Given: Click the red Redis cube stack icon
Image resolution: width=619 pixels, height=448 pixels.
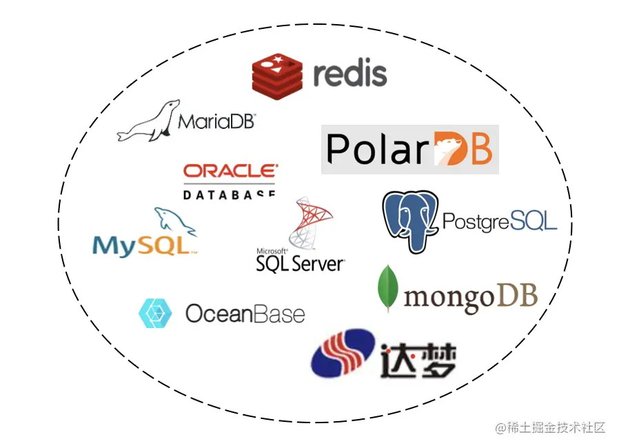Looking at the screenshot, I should tap(277, 75).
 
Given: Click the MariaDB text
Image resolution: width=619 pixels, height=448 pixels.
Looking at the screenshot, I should tap(216, 122).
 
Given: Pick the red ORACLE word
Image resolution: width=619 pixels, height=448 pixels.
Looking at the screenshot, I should tap(230, 171).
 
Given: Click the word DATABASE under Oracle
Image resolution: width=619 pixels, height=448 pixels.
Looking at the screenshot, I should tap(230, 194).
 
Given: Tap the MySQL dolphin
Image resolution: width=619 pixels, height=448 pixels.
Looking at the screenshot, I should tap(174, 221).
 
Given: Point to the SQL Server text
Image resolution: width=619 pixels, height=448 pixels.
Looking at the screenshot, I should tap(300, 263).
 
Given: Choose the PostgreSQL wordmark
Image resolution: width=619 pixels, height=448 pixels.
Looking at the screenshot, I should tap(499, 221).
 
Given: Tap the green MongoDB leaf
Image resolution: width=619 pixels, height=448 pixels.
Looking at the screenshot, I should tap(388, 287).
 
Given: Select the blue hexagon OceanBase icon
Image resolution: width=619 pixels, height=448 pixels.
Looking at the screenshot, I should tap(155, 314).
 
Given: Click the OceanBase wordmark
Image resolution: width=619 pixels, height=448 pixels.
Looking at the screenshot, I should tap(245, 314).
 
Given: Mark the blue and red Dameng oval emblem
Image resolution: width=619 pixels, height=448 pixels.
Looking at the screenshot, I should tap(343, 354).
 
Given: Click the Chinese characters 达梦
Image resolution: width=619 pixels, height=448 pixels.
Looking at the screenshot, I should tap(418, 359).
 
